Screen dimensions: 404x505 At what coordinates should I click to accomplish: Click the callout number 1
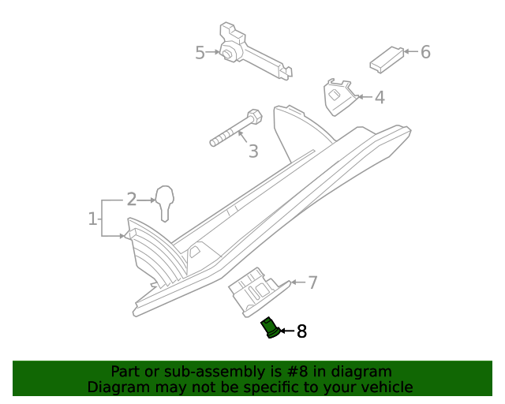click(x=92, y=217)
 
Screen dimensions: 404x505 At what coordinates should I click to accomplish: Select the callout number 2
click(x=132, y=200)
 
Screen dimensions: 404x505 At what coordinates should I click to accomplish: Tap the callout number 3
click(x=252, y=151)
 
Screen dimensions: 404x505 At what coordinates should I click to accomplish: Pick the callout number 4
click(x=380, y=98)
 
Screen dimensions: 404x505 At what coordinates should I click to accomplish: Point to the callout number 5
click(x=200, y=53)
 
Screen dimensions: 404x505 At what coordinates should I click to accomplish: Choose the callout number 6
click(x=425, y=52)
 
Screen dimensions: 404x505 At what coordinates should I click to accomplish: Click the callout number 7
click(x=312, y=282)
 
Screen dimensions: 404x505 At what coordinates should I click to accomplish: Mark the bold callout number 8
click(x=301, y=331)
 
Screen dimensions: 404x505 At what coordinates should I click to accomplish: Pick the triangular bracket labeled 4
click(x=337, y=95)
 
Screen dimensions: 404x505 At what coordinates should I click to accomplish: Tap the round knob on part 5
click(x=228, y=54)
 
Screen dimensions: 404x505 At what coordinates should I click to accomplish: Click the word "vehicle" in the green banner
click(x=386, y=387)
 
